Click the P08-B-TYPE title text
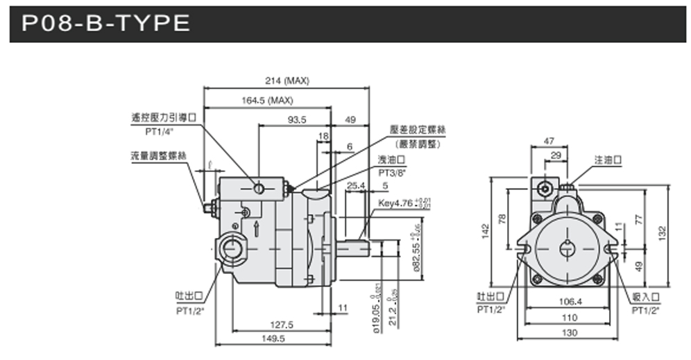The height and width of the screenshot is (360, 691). pos(106,24)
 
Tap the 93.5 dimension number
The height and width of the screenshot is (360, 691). pos(297,120)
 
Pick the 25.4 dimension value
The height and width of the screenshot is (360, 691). pos(356,185)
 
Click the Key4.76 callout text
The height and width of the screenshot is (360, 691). pos(395,204)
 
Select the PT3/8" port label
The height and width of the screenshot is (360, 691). pos(393,173)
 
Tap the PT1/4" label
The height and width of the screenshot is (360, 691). pos(159,130)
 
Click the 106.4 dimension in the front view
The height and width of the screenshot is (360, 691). pos(569,302)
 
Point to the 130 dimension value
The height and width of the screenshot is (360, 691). pos(569,334)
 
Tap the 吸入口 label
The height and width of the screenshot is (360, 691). pos(645,296)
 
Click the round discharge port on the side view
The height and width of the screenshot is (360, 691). pos(230,248)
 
